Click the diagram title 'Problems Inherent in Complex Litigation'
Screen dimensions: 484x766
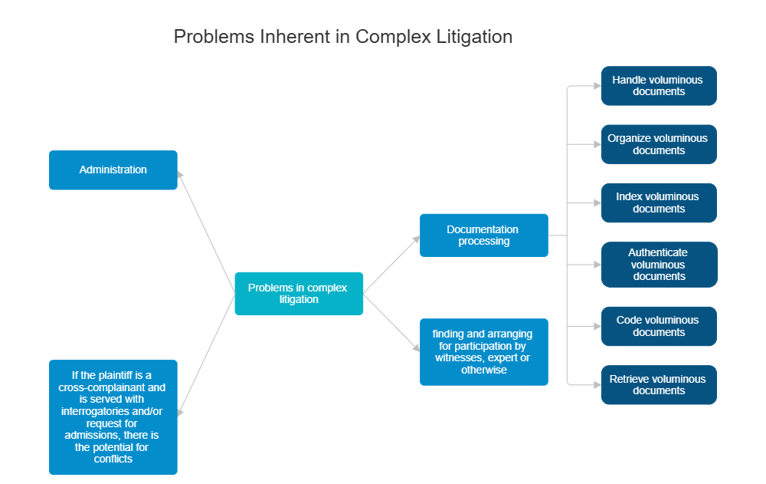343,37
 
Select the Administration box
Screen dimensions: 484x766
113,170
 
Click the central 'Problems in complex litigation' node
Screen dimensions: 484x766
299,294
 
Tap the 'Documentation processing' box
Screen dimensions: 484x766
483,235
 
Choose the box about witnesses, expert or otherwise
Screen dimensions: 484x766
483,352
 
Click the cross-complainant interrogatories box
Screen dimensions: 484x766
113,417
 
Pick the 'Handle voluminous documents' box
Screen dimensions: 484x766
659,86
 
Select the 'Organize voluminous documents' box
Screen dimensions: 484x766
659,144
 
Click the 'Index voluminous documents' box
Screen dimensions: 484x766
659,202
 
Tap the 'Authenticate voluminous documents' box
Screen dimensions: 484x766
659,265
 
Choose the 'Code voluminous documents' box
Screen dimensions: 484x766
659,326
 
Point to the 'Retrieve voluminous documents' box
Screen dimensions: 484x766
659,385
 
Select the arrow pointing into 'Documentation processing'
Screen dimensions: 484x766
392,264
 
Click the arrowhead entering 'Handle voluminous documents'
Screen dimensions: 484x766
597,86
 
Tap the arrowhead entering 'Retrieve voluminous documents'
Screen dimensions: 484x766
597,385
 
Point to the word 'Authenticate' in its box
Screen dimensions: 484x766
658,252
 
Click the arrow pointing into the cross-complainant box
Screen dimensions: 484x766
206,355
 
